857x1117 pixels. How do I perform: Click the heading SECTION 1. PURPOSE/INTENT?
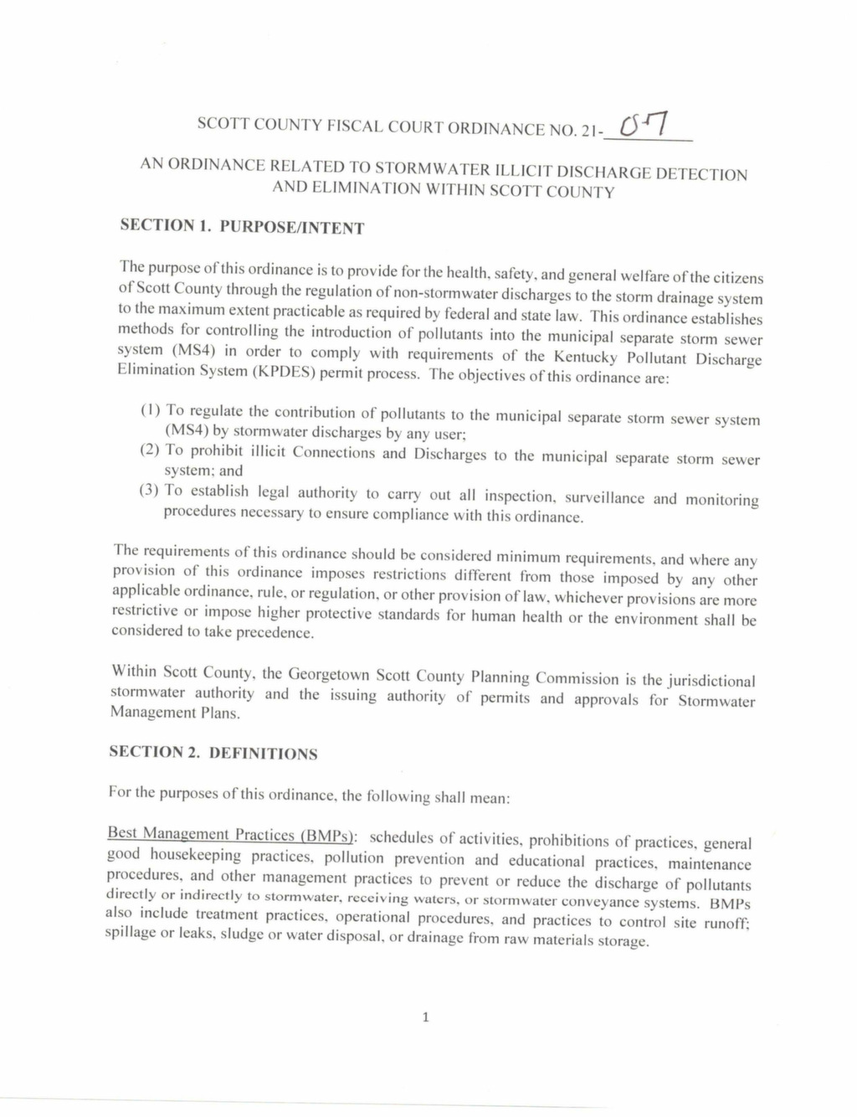(x=242, y=226)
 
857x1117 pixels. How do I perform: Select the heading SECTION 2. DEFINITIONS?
(x=213, y=752)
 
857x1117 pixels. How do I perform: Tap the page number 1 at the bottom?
(x=426, y=1017)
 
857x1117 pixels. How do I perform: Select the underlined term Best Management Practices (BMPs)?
(x=232, y=835)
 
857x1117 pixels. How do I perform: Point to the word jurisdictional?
(x=711, y=681)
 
